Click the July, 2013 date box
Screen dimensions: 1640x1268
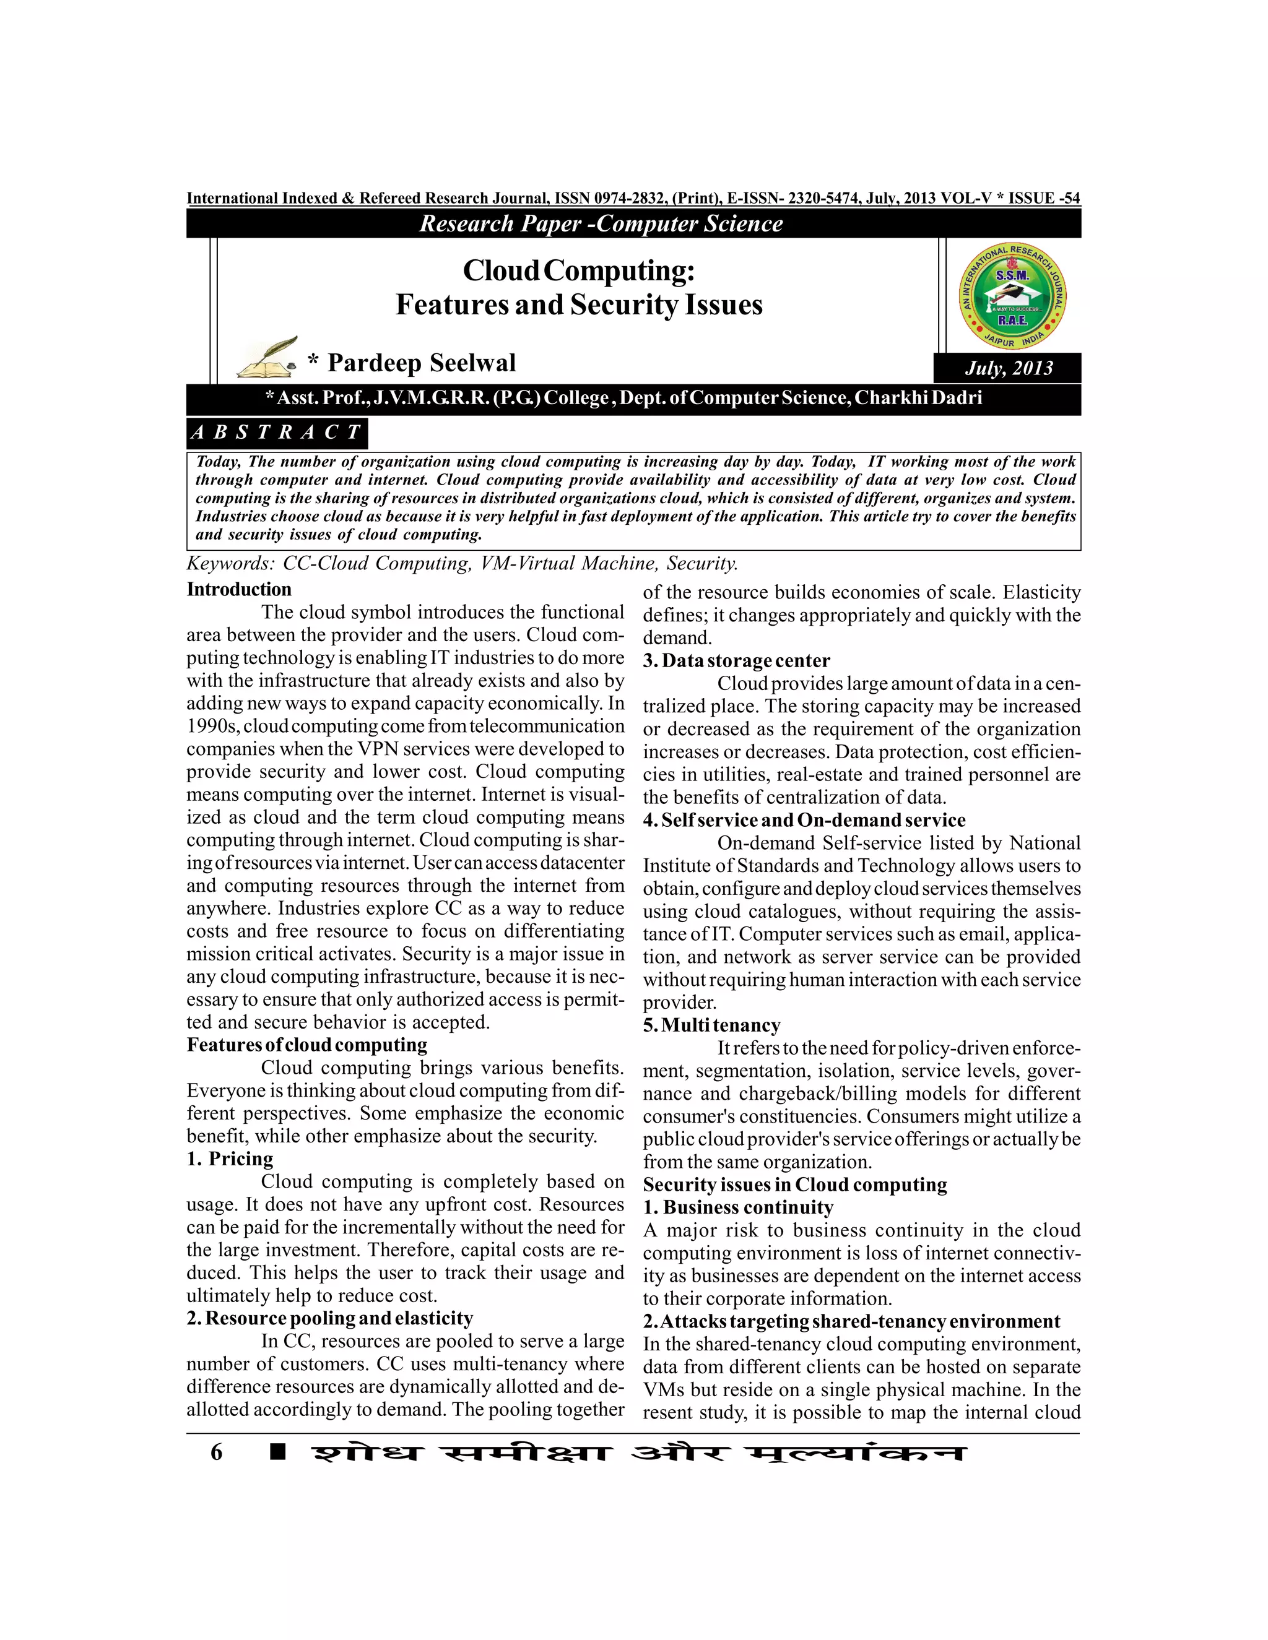(x=1008, y=368)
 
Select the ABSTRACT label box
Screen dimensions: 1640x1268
(x=276, y=433)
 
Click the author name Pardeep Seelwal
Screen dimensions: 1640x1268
(x=422, y=363)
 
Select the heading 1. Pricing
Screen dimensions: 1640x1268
(x=230, y=1159)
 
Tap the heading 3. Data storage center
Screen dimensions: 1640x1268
(x=736, y=661)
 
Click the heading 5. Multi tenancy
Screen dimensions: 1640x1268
(x=711, y=1025)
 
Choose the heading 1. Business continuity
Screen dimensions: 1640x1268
(x=737, y=1207)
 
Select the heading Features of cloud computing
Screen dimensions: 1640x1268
(x=306, y=1045)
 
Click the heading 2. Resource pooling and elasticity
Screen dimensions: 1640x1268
(x=330, y=1319)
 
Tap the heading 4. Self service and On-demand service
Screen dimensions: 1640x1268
(x=804, y=820)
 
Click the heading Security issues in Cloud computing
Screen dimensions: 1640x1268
(x=795, y=1185)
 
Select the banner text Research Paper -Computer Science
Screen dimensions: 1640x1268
(x=601, y=224)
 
